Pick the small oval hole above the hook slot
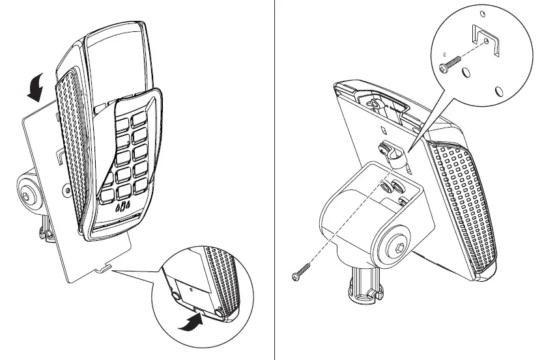click(481, 14)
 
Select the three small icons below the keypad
click(122, 208)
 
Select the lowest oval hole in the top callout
click(499, 92)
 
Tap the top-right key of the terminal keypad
click(141, 119)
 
